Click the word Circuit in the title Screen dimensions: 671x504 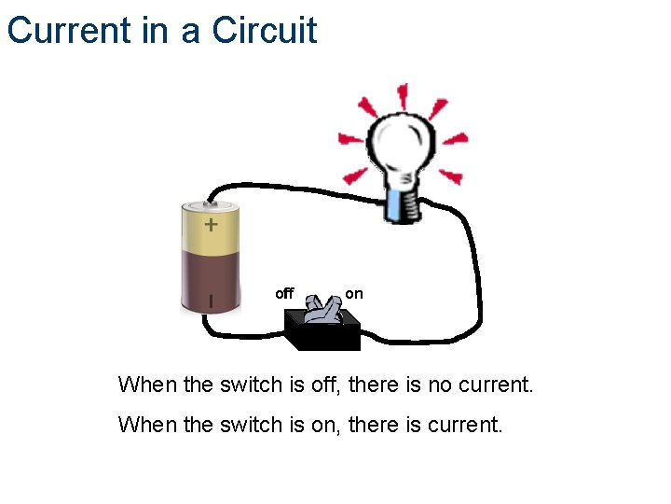265,30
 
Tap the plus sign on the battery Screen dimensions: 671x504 211,225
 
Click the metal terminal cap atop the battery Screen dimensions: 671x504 211,203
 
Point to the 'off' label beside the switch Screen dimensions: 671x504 284,294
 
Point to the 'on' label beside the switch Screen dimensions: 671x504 354,293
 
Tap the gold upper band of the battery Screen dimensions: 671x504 210,230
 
